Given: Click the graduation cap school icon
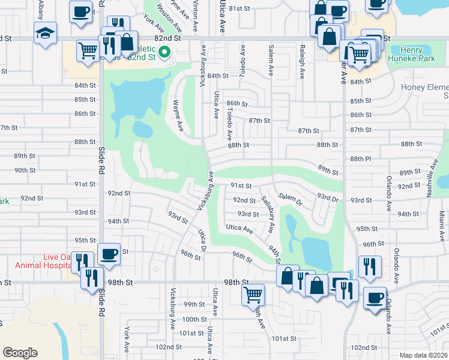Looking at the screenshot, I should point(45,34).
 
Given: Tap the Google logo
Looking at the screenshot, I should point(20,353).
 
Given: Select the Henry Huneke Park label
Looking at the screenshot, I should point(412,55).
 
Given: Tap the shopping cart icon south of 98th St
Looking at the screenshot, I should point(253,295).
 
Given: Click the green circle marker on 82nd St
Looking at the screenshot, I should point(162,52).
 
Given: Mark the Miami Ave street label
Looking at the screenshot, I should point(441,222).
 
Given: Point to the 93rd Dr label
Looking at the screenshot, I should point(328,197).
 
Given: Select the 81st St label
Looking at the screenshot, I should point(239,8).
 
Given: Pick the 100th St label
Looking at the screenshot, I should point(194,319).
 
